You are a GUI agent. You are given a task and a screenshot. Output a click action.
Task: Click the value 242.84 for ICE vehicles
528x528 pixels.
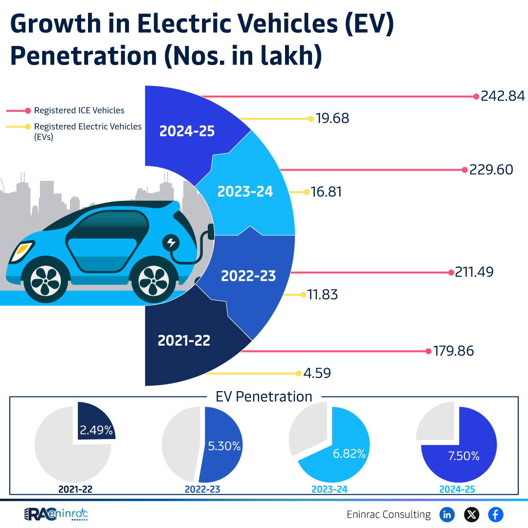point(503,96)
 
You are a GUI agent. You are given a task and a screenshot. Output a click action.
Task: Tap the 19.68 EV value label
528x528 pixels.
point(332,118)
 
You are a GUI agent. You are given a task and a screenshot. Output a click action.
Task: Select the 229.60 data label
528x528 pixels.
point(491,170)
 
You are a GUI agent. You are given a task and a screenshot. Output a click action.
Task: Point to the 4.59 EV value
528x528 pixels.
point(317,373)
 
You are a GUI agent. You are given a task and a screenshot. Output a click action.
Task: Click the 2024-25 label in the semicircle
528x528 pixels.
point(187,131)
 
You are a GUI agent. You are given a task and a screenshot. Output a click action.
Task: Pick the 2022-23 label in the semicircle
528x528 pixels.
point(248,276)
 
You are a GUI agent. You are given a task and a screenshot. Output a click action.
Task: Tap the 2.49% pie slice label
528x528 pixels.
point(96,431)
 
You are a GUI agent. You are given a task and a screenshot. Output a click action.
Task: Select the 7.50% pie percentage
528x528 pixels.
point(463,456)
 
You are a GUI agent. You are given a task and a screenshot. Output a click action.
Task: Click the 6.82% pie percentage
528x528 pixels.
point(349,453)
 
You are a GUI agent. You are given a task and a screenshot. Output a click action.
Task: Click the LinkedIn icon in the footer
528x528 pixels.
point(447,514)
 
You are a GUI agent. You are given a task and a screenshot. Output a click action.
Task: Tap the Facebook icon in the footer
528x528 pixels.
point(496,514)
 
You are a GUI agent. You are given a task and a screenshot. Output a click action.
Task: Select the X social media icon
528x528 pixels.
point(471,514)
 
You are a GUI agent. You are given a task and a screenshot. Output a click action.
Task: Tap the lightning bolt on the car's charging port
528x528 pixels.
point(171,242)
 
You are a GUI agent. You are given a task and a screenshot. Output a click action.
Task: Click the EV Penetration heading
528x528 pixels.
point(264,396)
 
